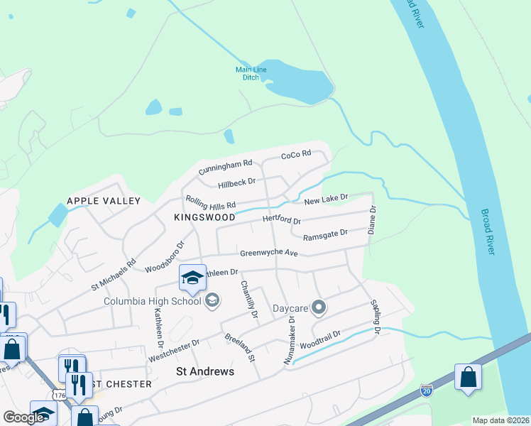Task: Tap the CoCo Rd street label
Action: tap(296, 154)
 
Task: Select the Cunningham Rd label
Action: tap(225, 167)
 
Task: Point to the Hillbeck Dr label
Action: tap(236, 182)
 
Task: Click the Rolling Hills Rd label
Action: tap(210, 204)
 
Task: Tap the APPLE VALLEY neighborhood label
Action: tap(104, 201)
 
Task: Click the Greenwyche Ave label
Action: tap(268, 253)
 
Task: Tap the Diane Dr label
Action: tap(371, 220)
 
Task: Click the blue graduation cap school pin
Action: tap(192, 278)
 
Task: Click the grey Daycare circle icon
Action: tap(319, 307)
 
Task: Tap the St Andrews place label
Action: tap(204, 371)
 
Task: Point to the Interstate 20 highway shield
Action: tap(427, 390)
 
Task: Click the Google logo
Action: tap(23, 417)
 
